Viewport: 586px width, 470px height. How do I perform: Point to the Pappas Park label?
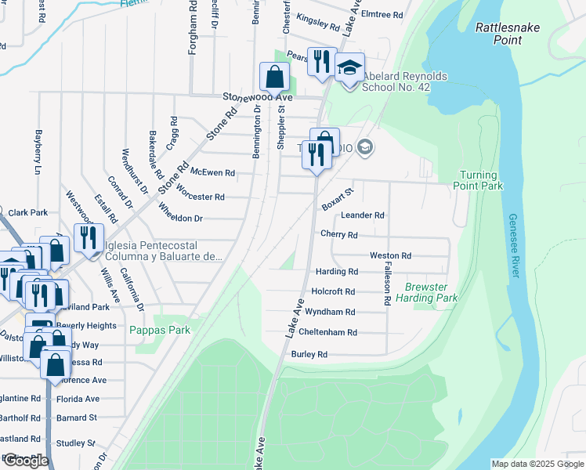click(160, 330)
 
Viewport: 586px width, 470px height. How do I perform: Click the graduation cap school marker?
click(350, 67)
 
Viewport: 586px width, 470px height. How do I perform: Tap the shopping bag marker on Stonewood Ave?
click(274, 78)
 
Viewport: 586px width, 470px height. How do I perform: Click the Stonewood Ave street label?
click(257, 96)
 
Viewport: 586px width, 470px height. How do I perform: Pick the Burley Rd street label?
click(309, 354)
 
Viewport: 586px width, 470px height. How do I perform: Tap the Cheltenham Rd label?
click(328, 332)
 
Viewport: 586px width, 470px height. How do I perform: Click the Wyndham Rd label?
click(333, 312)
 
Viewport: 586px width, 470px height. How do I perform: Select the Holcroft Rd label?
click(333, 291)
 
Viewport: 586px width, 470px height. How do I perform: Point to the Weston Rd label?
click(390, 255)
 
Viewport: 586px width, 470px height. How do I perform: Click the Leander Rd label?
click(362, 215)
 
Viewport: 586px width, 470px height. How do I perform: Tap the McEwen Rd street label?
click(213, 172)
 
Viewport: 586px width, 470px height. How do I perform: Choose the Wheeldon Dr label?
click(180, 212)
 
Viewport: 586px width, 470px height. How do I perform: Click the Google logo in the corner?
click(25, 461)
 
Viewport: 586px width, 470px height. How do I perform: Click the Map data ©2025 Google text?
click(537, 464)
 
